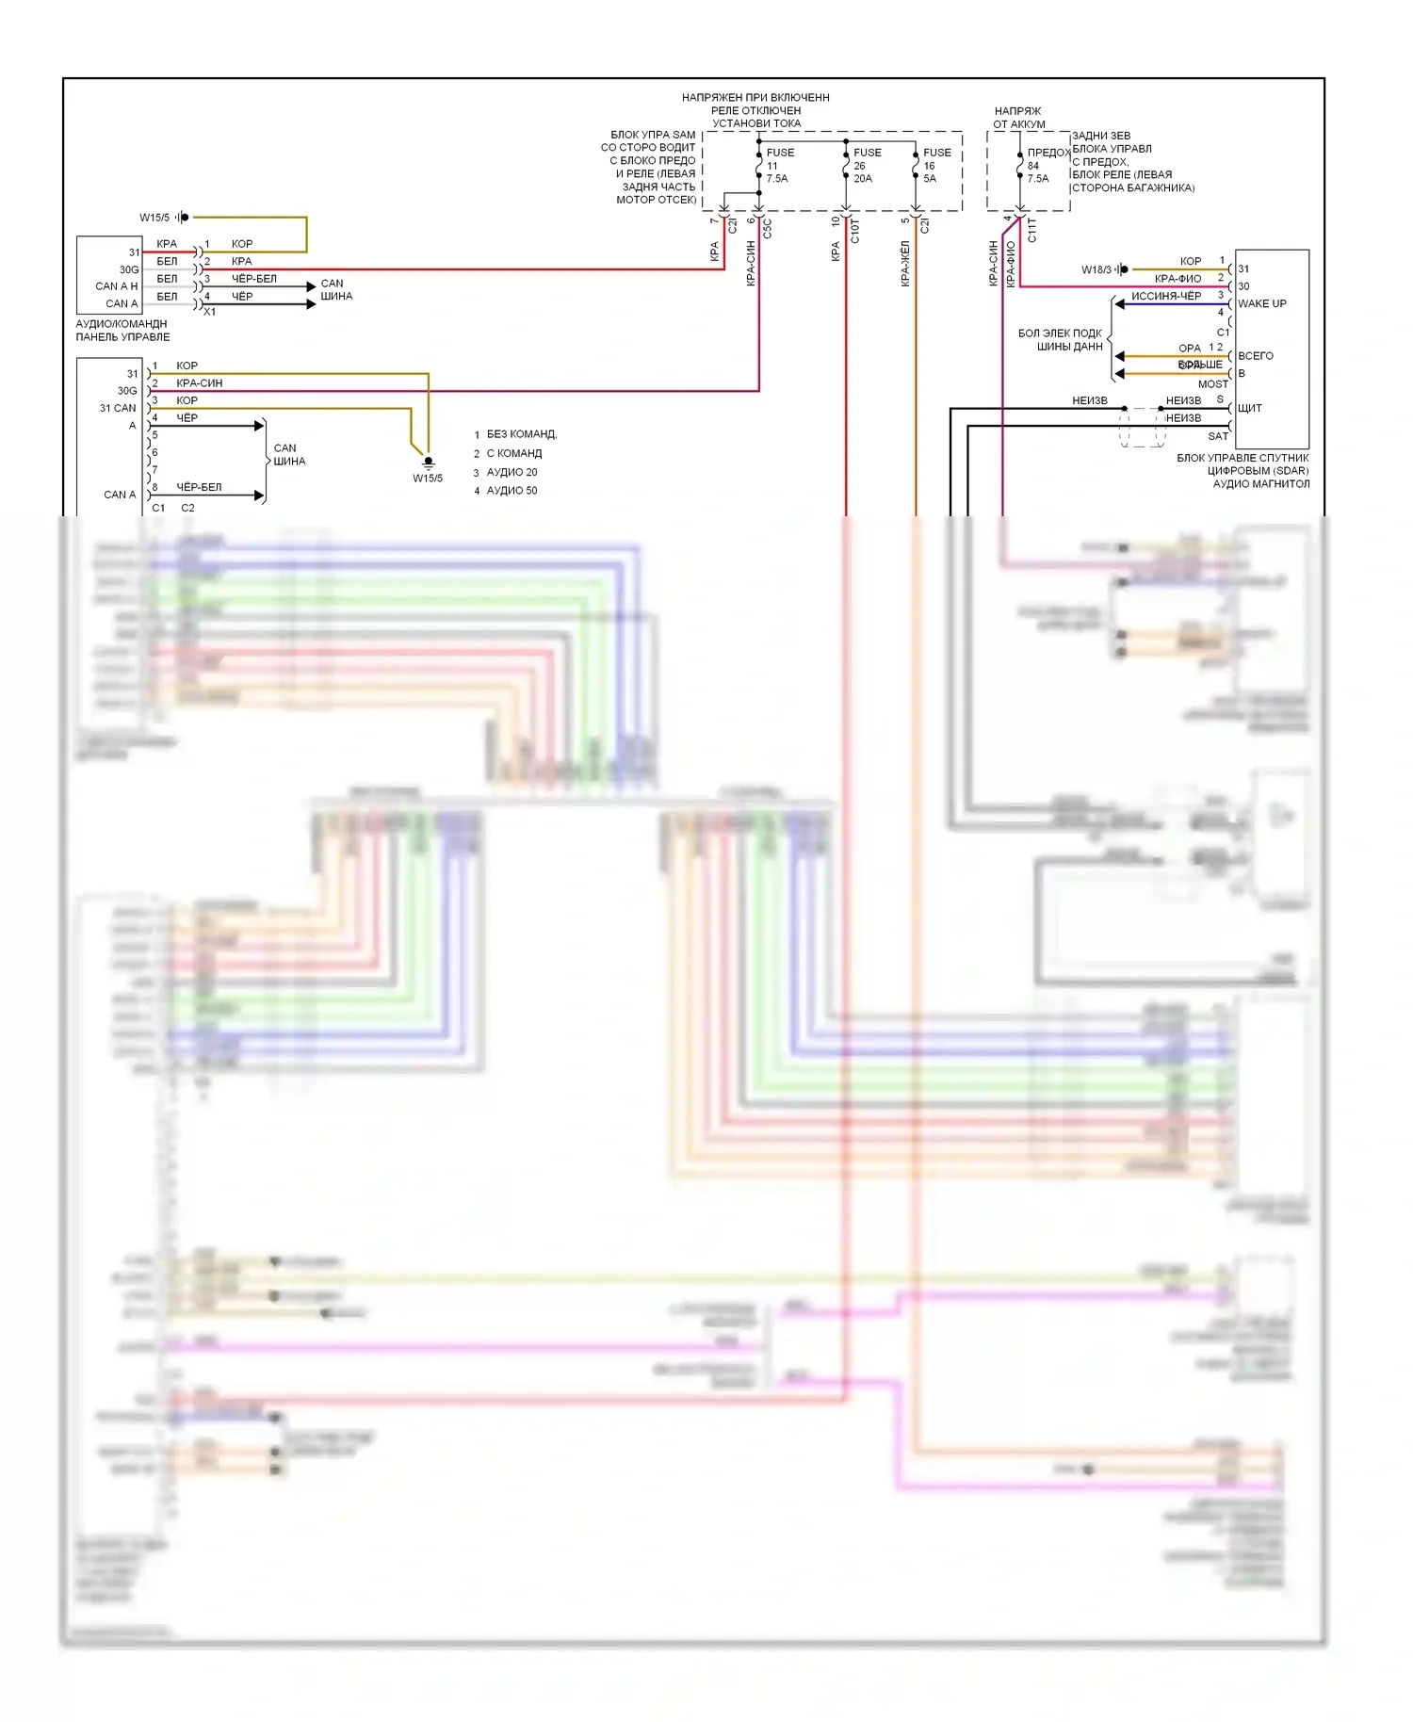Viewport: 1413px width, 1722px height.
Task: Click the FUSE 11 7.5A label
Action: click(x=778, y=165)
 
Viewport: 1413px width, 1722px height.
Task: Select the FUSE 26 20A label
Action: click(x=866, y=165)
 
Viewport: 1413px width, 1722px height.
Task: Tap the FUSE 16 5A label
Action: click(x=935, y=165)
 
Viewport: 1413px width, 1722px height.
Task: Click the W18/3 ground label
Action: click(x=1096, y=269)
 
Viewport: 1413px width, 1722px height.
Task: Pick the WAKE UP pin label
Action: click(x=1261, y=303)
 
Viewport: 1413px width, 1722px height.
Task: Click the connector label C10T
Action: click(x=854, y=231)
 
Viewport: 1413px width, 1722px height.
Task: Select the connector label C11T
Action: click(x=1031, y=231)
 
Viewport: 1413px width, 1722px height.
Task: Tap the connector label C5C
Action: click(x=767, y=228)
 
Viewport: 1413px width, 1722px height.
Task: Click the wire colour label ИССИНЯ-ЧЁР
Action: click(x=1165, y=296)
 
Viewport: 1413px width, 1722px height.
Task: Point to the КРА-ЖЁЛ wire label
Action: click(x=905, y=264)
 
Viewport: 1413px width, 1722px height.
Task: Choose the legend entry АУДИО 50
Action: click(x=512, y=491)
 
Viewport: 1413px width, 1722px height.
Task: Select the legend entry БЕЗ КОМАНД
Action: click(x=521, y=434)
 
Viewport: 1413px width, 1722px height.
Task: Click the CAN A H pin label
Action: click(x=116, y=286)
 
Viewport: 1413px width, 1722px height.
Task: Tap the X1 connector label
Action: click(x=209, y=312)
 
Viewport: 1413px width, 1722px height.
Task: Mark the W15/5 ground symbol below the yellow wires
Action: click(x=428, y=463)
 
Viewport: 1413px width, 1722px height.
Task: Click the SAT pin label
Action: click(x=1218, y=436)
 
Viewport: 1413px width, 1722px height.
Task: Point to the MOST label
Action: click(x=1212, y=384)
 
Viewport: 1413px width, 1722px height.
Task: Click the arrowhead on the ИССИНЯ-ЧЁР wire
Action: click(x=1119, y=304)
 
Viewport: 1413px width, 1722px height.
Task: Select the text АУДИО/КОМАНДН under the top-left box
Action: click(x=122, y=324)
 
